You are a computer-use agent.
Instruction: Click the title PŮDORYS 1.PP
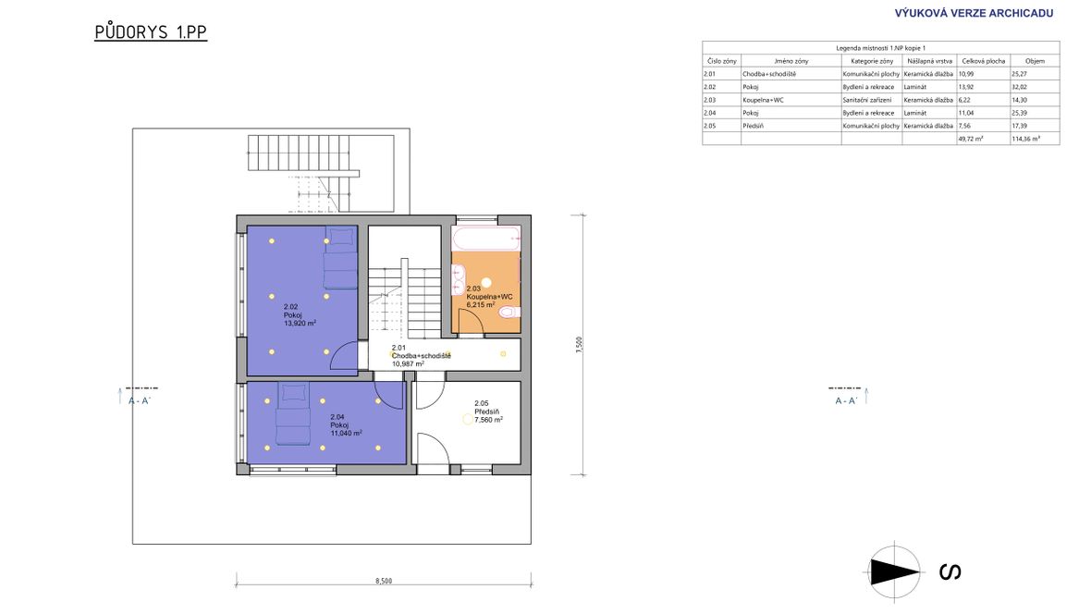[151, 32]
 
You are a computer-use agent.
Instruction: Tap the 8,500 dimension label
[384, 581]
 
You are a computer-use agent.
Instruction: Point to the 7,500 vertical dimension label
[579, 345]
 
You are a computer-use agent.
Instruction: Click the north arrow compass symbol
[894, 572]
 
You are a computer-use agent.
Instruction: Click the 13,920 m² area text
[300, 323]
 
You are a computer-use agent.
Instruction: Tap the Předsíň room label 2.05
[488, 411]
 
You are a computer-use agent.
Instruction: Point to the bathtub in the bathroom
[485, 238]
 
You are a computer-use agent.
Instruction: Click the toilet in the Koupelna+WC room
[509, 312]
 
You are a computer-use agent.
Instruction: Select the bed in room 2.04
[294, 413]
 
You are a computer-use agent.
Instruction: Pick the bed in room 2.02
[340, 258]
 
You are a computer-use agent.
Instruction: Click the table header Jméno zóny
[791, 61]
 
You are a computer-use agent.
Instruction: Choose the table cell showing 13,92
[966, 87]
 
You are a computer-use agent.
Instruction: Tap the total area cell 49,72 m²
[971, 140]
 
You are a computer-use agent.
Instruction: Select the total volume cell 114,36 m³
[1025, 140]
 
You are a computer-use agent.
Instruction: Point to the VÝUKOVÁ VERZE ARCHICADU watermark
[974, 13]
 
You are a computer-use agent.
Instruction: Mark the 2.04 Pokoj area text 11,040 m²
[346, 433]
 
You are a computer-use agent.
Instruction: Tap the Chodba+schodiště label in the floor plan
[421, 356]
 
